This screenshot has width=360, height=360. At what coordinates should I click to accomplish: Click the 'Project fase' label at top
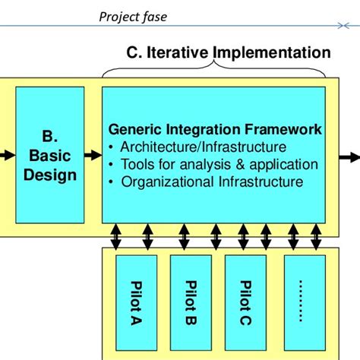click(x=133, y=15)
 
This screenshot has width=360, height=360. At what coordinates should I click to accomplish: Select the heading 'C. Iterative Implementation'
click(x=228, y=52)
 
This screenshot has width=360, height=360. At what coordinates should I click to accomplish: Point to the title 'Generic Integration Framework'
click(x=215, y=130)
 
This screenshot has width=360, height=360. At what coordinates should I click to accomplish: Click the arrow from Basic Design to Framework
click(x=92, y=156)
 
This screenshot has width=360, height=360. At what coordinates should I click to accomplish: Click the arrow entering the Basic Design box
click(x=7, y=156)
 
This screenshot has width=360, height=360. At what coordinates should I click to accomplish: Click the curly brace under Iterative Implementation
click(x=214, y=71)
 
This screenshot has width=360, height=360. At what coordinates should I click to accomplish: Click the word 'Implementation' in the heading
click(x=272, y=52)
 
